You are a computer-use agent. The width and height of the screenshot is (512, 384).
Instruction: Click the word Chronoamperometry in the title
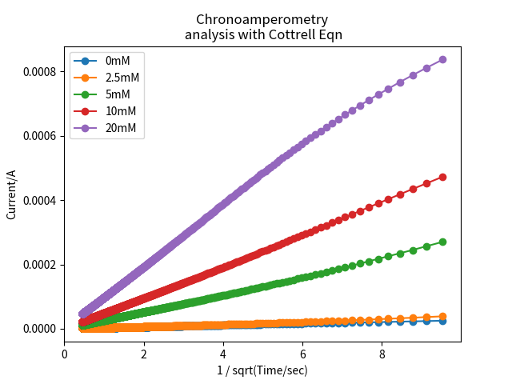click(x=262, y=19)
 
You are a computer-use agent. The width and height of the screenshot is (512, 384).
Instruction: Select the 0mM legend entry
click(x=117, y=61)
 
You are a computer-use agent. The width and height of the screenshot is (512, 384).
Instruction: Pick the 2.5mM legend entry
click(x=121, y=78)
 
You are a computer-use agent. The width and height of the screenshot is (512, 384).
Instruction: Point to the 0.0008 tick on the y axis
click(x=39, y=72)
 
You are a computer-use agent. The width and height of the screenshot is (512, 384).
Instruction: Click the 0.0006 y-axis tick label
click(x=39, y=136)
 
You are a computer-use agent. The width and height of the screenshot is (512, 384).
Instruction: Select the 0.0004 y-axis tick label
click(x=39, y=200)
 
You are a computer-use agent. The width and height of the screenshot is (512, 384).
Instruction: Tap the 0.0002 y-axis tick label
click(x=39, y=265)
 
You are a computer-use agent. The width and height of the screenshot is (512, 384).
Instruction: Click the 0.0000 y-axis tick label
click(x=39, y=329)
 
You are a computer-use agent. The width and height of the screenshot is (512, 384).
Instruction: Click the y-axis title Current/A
click(x=11, y=194)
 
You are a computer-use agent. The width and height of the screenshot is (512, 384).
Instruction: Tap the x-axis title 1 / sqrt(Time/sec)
click(x=262, y=370)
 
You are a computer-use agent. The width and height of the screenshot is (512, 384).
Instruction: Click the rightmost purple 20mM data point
click(x=442, y=59)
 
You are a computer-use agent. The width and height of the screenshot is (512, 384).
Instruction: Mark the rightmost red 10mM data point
click(x=442, y=177)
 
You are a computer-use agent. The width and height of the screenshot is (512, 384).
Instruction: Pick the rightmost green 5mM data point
click(x=442, y=242)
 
